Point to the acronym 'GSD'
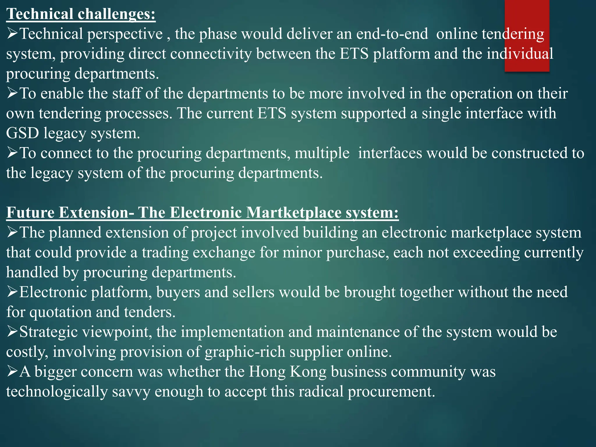point(22,134)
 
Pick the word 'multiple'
point(322,153)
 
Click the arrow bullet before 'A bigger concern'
point(12,372)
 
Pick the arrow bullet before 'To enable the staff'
point(12,93)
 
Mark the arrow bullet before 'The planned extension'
point(12,233)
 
